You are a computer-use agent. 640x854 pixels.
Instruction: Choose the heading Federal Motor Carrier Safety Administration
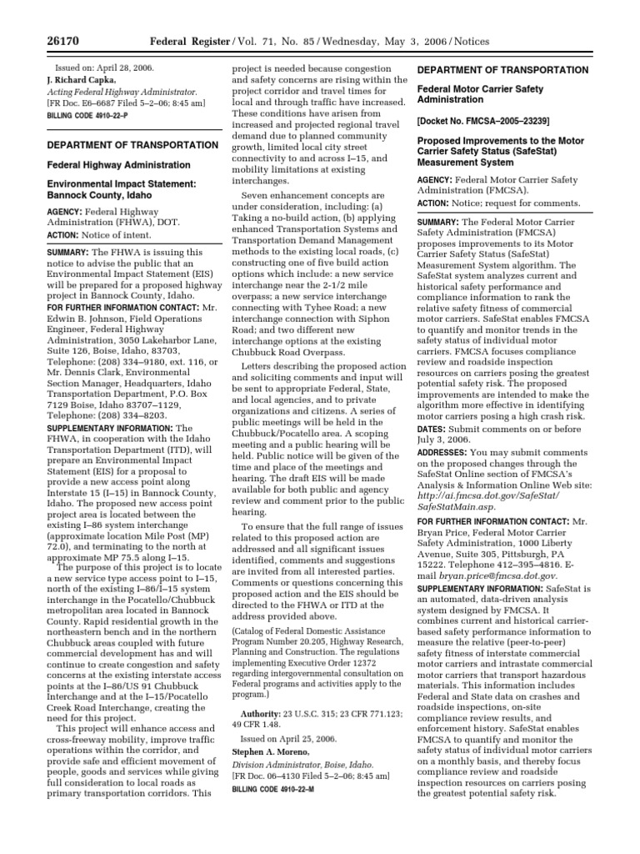click(479, 94)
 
